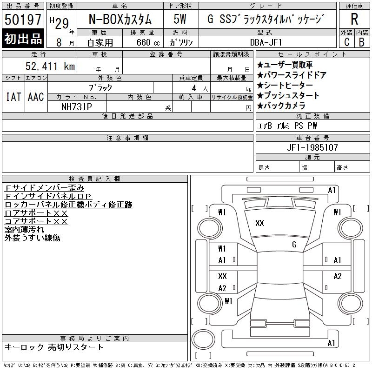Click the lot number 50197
point(23,20)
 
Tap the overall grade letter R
point(354,19)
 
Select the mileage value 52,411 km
point(50,66)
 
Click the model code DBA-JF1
point(266,42)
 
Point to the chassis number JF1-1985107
point(312,147)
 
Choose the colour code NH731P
point(76,107)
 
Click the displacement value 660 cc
point(148,42)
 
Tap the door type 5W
point(180,19)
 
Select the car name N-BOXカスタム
point(120,19)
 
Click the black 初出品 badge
point(23,38)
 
